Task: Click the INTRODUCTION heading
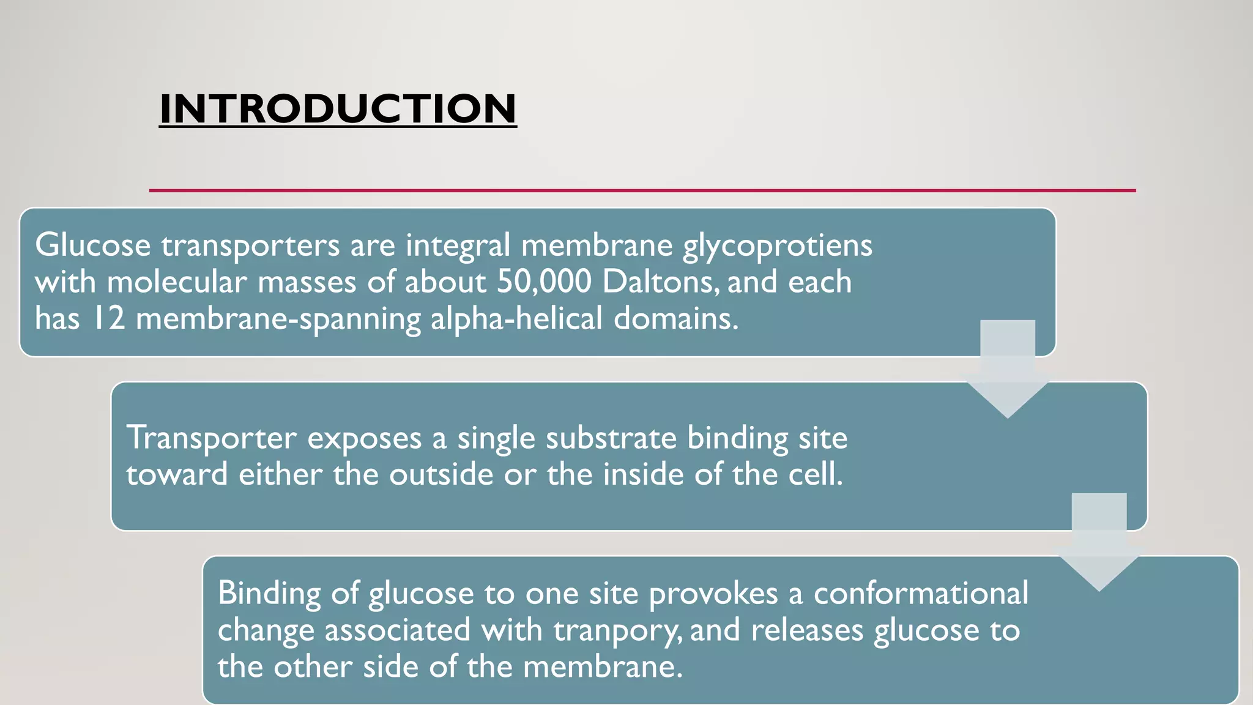pos(338,109)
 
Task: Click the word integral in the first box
pos(458,245)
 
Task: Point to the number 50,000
pos(544,282)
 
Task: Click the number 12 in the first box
pos(108,319)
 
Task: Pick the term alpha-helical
pos(516,319)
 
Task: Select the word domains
pos(675,319)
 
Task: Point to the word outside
pos(441,475)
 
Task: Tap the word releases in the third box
pos(806,630)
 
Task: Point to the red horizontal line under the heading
pos(642,190)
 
